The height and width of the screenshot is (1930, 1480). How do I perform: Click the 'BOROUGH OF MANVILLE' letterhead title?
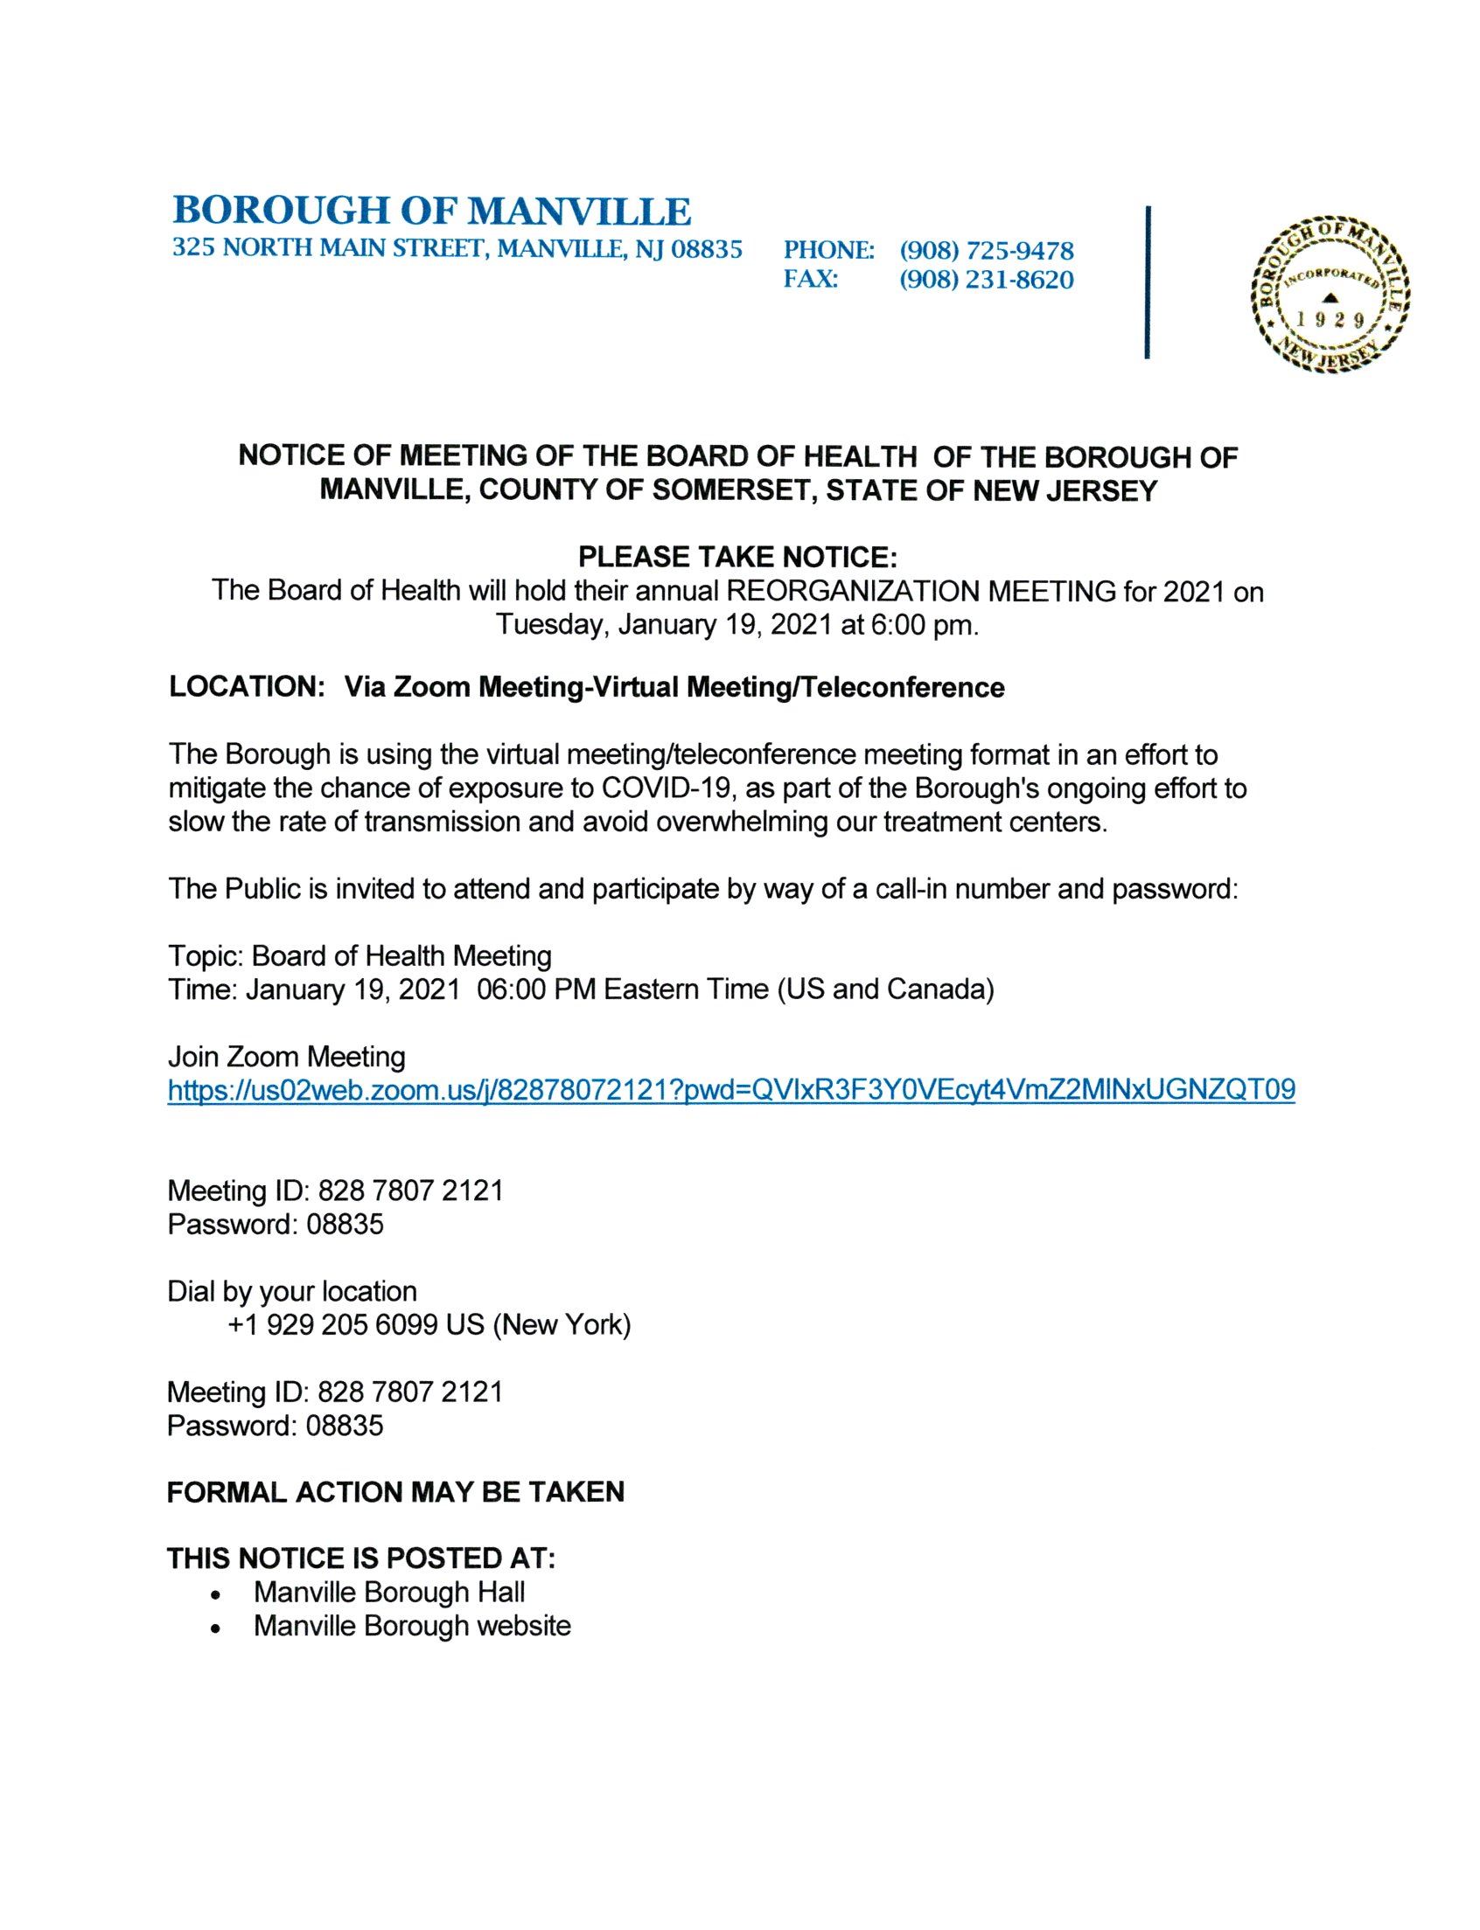point(432,212)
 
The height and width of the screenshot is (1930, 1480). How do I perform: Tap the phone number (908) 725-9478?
point(986,251)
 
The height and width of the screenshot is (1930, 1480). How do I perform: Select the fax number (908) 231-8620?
point(986,281)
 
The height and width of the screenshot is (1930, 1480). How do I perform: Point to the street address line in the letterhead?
point(457,249)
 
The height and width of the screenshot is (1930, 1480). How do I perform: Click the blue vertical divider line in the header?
point(1147,281)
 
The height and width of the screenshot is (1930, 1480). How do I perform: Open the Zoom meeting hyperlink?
point(731,1091)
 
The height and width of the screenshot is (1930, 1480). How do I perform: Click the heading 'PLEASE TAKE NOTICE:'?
point(738,557)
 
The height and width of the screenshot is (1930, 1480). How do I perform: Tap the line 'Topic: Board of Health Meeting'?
point(360,956)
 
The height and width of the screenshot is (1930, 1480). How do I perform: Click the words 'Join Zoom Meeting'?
point(286,1057)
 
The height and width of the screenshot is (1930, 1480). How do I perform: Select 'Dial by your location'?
point(291,1292)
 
